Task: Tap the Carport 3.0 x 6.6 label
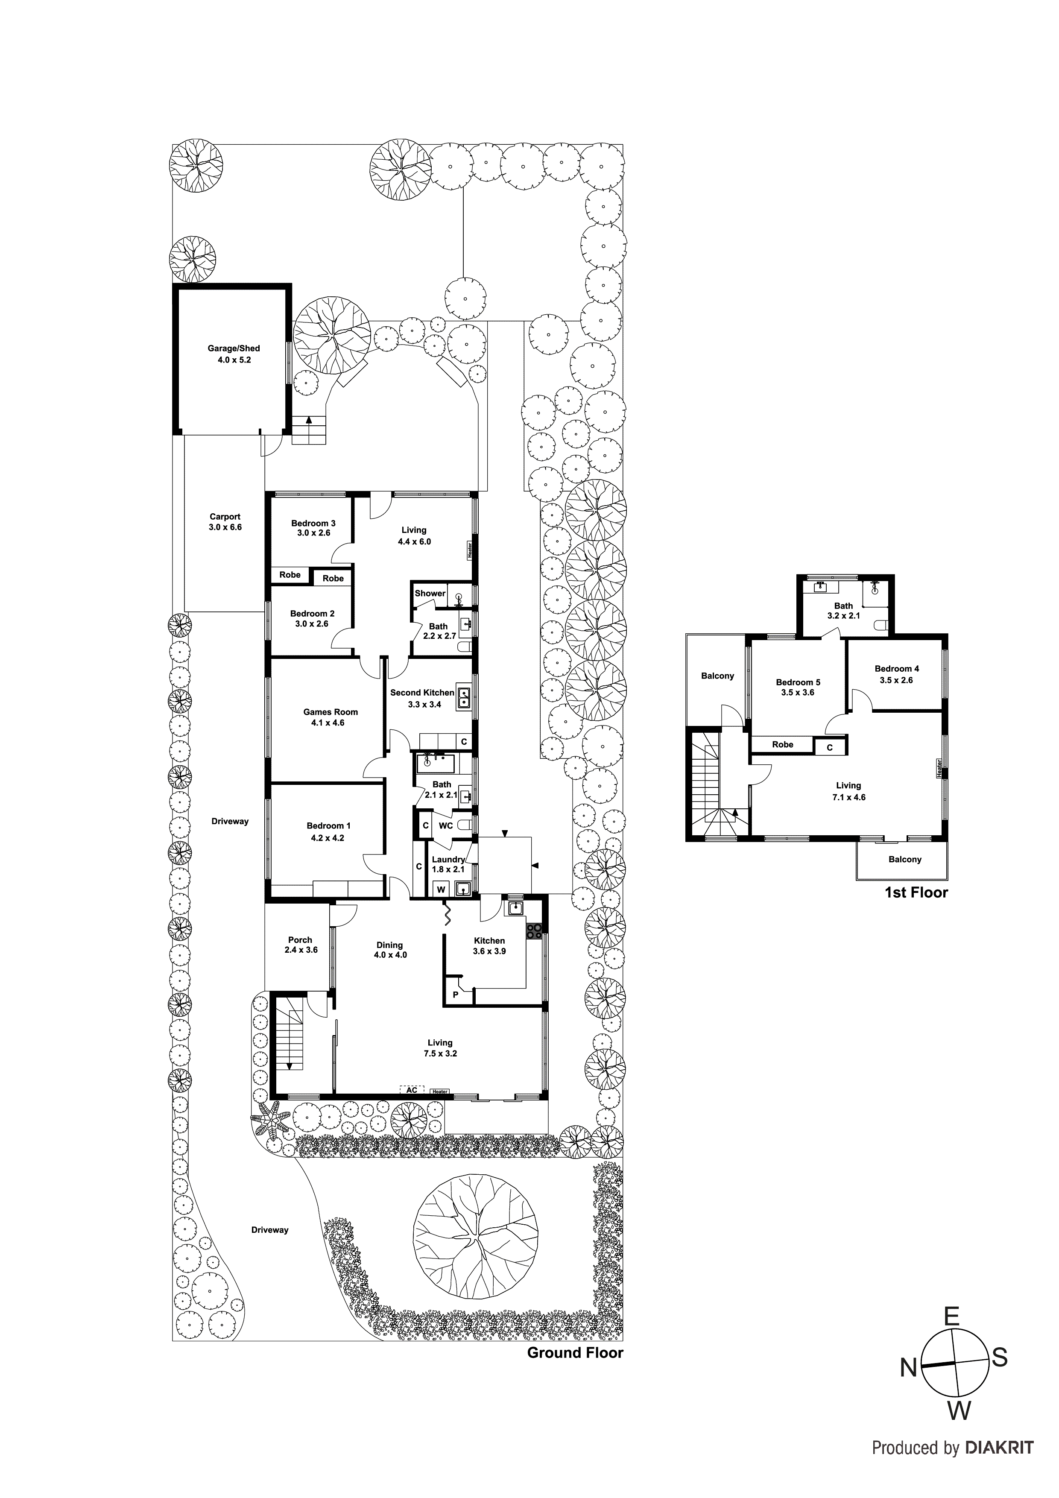(x=225, y=522)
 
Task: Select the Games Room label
(x=330, y=717)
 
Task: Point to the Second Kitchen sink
(x=464, y=697)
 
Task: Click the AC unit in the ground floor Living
(x=412, y=1090)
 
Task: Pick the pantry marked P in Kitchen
(x=456, y=994)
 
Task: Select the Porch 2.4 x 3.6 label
(x=301, y=945)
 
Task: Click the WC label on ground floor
(x=446, y=825)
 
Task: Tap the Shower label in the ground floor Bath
(x=430, y=593)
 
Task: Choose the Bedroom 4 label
(x=897, y=674)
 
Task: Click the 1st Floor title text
(x=916, y=892)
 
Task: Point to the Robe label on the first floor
(x=782, y=744)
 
